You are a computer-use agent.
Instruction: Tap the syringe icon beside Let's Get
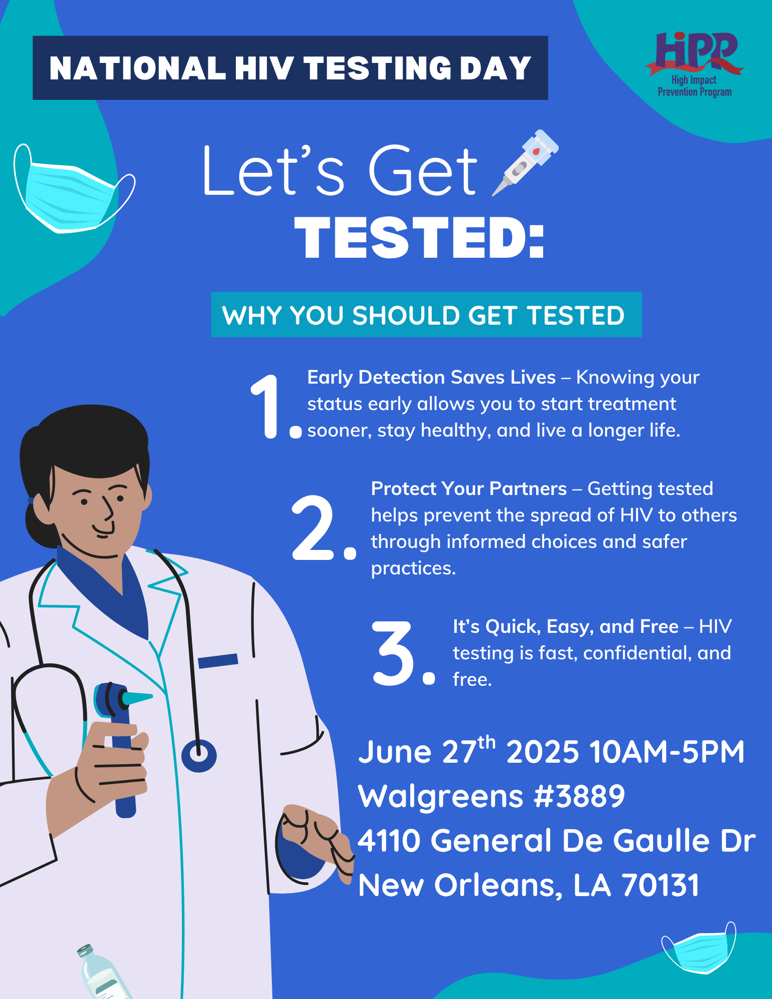[525, 163]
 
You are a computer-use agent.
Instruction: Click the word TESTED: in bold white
[419, 238]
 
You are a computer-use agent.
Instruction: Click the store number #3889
[579, 796]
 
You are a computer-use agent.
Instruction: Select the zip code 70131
[661, 885]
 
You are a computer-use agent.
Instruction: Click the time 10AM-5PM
[667, 752]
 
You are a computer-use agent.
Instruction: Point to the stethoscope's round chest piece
[199, 756]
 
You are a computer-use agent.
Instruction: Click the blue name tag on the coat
[218, 660]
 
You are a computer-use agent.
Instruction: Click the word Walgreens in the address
[442, 796]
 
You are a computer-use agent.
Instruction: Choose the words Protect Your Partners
[469, 489]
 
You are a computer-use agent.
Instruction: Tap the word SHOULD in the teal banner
[406, 315]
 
